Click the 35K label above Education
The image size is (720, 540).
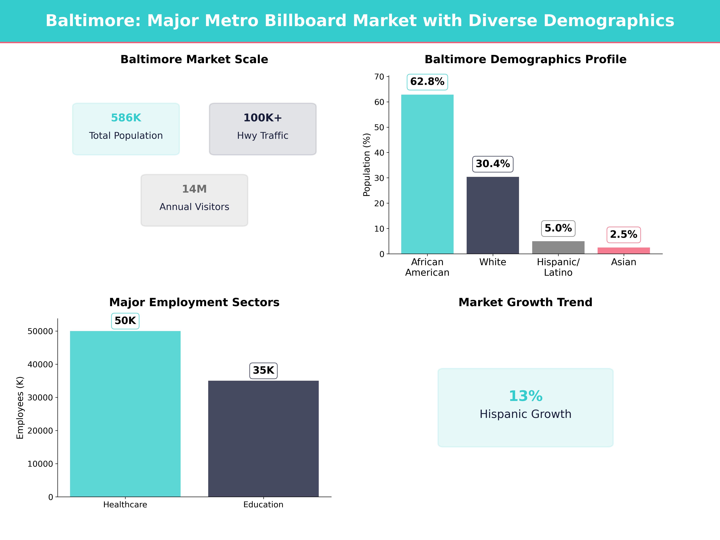(x=263, y=370)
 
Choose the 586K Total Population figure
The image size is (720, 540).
(x=126, y=118)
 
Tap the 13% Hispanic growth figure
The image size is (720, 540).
(x=525, y=396)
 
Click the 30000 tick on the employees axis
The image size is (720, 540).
(x=40, y=397)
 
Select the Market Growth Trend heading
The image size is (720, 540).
(x=525, y=302)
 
